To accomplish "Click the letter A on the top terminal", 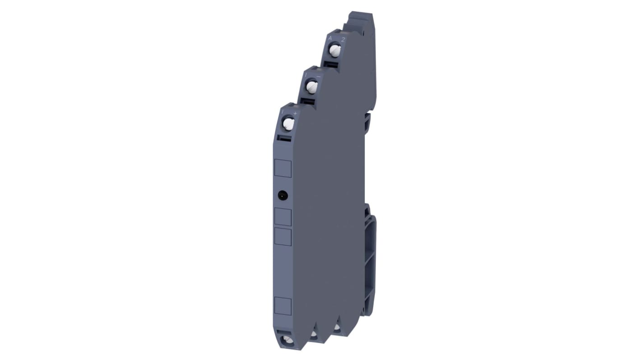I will [330, 38].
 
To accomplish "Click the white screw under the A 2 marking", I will [334, 51].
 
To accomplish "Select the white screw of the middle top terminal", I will [311, 86].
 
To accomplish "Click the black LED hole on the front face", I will [283, 195].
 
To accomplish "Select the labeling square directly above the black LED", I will [283, 168].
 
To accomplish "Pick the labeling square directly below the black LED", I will [283, 217].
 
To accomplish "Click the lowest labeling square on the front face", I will [283, 306].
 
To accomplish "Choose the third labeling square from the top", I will [283, 237].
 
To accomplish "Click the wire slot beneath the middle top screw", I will [308, 102].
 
